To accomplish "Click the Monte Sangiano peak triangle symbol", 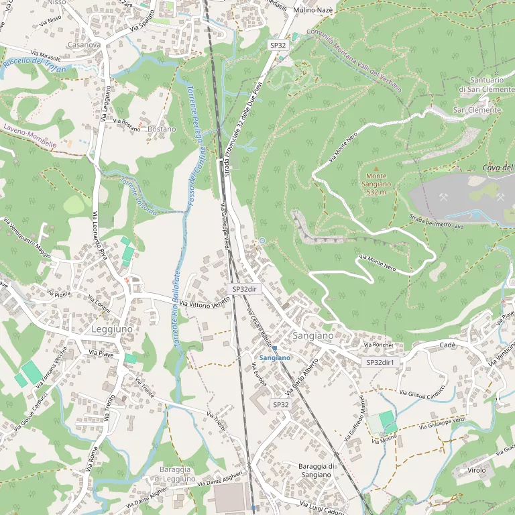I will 376,169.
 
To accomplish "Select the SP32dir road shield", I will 245,288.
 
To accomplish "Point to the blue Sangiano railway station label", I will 275,358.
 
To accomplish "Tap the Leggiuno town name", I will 112,329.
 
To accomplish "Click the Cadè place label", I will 447,345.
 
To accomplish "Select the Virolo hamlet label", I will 477,470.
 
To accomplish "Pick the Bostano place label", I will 162,129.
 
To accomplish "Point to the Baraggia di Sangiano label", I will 316,470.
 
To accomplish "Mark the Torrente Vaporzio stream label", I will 137,196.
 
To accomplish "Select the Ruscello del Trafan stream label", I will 34,66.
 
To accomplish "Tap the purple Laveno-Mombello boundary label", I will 30,139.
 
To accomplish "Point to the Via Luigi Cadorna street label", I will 323,508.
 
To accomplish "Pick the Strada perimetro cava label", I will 437,222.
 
